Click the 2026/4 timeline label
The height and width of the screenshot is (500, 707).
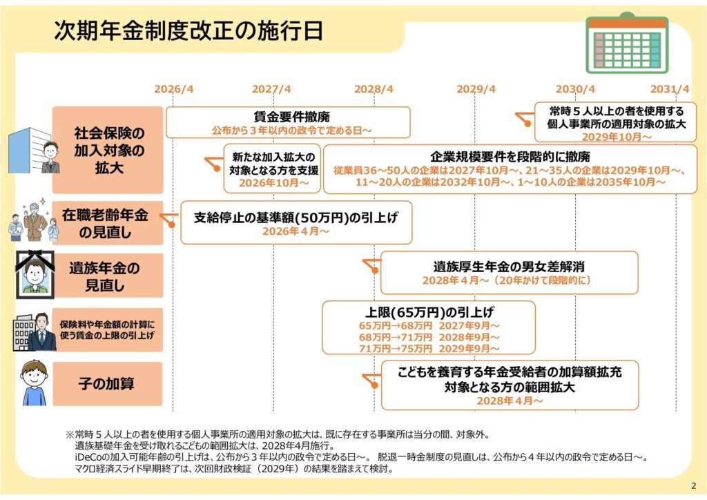tap(173, 89)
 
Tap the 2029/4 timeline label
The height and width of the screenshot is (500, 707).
tap(476, 89)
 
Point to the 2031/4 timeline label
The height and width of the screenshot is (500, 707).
tap(670, 89)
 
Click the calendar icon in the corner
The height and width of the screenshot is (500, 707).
tap(627, 43)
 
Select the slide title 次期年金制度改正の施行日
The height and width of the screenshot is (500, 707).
tap(188, 31)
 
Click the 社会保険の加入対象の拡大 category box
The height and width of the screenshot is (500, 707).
tap(108, 150)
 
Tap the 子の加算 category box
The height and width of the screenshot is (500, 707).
tap(107, 384)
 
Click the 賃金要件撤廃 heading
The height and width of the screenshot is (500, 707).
tap(292, 117)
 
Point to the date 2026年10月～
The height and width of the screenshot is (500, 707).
tap(273, 183)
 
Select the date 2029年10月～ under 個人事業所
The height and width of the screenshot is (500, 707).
tap(617, 137)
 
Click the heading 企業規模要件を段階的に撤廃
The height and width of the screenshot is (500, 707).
tap(510, 157)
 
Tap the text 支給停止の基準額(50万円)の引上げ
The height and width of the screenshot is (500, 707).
tap(296, 218)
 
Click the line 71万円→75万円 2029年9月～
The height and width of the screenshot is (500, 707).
tap(429, 349)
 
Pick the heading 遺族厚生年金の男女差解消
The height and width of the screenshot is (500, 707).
tap(509, 267)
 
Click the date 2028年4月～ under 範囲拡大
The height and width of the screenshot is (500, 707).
tap(510, 401)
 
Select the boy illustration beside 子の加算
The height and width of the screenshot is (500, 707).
tap(35, 383)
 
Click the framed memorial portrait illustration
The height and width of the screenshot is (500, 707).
tap(35, 275)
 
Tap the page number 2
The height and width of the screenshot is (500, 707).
tap(693, 485)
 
